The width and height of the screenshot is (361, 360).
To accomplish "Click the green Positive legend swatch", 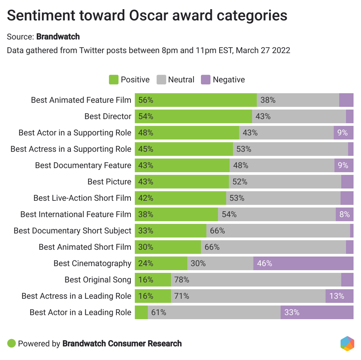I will [x=114, y=80].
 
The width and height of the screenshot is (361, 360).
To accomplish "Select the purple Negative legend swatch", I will [x=206, y=80].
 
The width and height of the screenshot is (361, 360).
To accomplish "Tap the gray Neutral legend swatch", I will [x=161, y=80].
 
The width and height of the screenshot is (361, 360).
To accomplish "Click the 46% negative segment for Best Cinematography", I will [x=303, y=263].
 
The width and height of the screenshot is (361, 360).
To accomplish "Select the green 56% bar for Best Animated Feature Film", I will [x=196, y=100].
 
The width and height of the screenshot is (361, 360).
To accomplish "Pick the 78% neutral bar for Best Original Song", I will [x=256, y=280].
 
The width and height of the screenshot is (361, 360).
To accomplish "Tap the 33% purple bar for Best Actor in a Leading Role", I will [x=317, y=312].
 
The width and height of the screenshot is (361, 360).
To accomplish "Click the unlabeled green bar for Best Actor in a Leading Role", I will [x=141, y=312].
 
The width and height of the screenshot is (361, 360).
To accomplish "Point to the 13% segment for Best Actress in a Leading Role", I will [x=339, y=296].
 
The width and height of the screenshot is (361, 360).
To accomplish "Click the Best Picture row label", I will [x=109, y=182].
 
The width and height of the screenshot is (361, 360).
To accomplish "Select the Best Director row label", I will [x=108, y=116].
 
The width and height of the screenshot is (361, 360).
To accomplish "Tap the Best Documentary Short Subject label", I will [x=72, y=231].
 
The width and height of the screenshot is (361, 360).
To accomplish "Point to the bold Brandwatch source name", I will [x=58, y=37].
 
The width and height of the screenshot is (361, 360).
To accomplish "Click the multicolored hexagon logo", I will [x=347, y=343].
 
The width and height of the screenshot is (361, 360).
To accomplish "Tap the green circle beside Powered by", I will [x=12, y=343].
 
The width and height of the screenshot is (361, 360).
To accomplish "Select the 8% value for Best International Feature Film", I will [x=344, y=214].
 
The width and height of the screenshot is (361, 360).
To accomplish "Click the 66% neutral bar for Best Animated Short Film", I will [x=273, y=247].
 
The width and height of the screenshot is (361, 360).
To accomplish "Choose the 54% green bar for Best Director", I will [x=193, y=116].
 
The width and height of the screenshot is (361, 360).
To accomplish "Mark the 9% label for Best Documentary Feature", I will [x=343, y=165].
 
